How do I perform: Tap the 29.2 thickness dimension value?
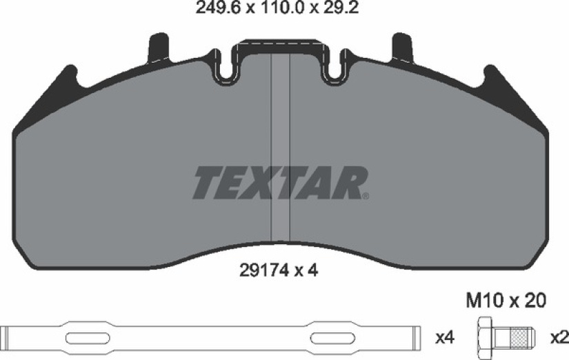(x=339, y=8)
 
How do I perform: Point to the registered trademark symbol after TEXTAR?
(x=366, y=197)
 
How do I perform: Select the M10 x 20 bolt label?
(x=506, y=301)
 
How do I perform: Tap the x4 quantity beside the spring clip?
(x=445, y=338)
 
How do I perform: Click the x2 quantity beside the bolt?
(x=559, y=338)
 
